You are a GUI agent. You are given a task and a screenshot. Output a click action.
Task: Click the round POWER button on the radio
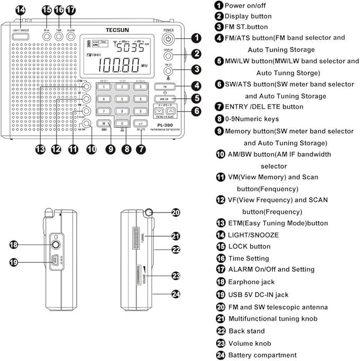tap(168, 39)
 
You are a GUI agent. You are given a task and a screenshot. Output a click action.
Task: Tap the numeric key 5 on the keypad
tap(122, 99)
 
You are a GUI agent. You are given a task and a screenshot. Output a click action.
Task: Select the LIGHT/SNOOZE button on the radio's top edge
tap(22, 31)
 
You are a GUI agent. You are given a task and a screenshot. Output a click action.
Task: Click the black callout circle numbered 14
tap(21, 10)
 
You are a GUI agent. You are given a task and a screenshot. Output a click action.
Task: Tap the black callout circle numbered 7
tap(141, 149)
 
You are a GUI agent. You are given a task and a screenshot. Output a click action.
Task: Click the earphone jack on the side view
tap(55, 245)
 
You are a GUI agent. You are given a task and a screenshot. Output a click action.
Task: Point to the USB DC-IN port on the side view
tap(55, 261)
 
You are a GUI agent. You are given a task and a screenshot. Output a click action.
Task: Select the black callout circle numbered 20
tap(176, 212)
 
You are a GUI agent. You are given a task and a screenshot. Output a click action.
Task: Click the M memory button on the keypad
tap(104, 124)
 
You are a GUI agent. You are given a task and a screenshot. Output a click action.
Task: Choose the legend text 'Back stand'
tap(247, 330)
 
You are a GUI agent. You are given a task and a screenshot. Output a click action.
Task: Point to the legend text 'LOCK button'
tap(249, 246)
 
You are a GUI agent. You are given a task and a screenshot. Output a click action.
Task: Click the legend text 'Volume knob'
tap(250, 342)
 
